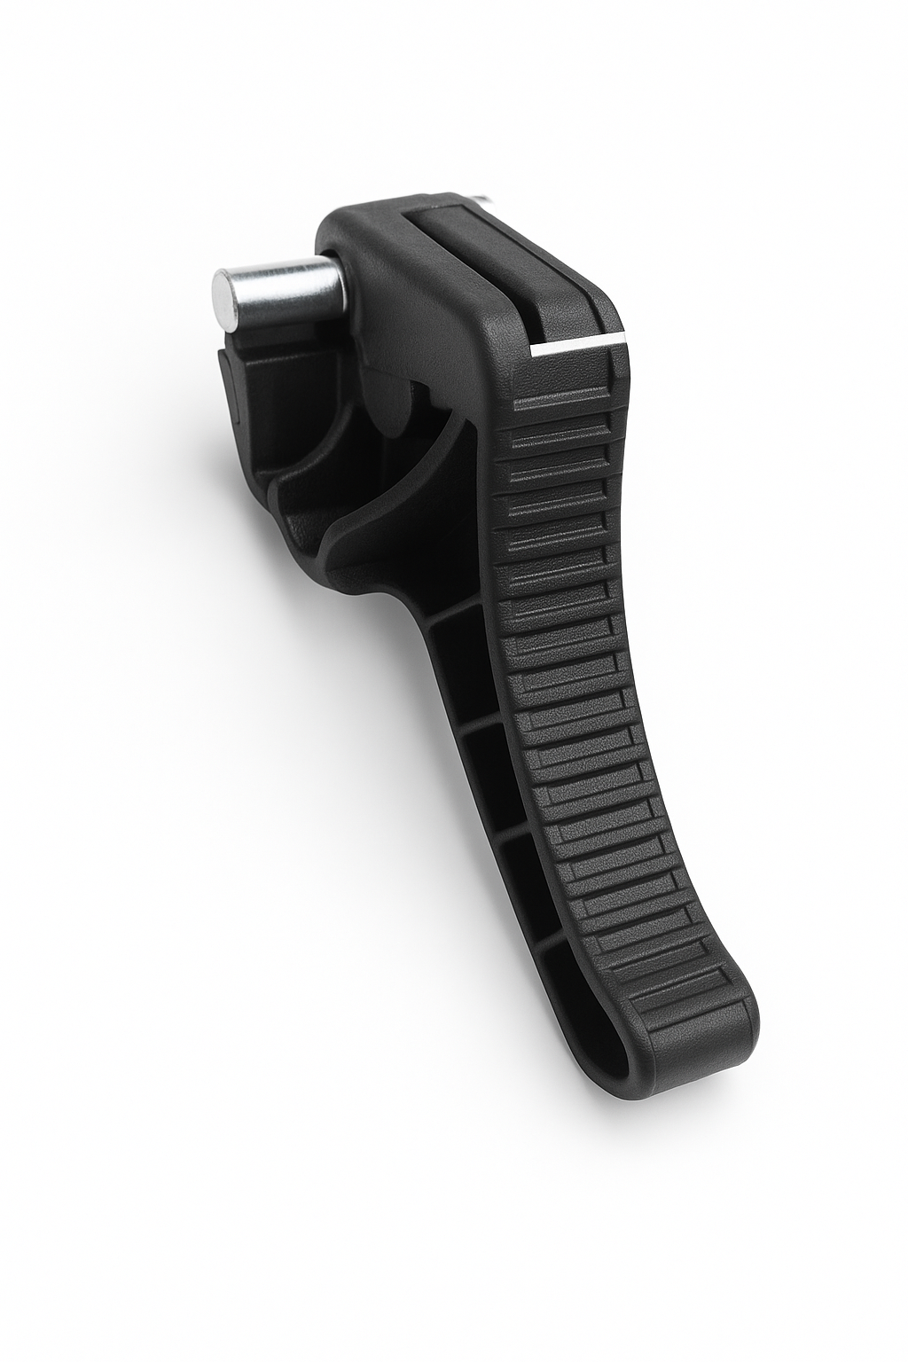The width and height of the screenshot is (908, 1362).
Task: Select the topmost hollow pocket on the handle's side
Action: tap(461, 656)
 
